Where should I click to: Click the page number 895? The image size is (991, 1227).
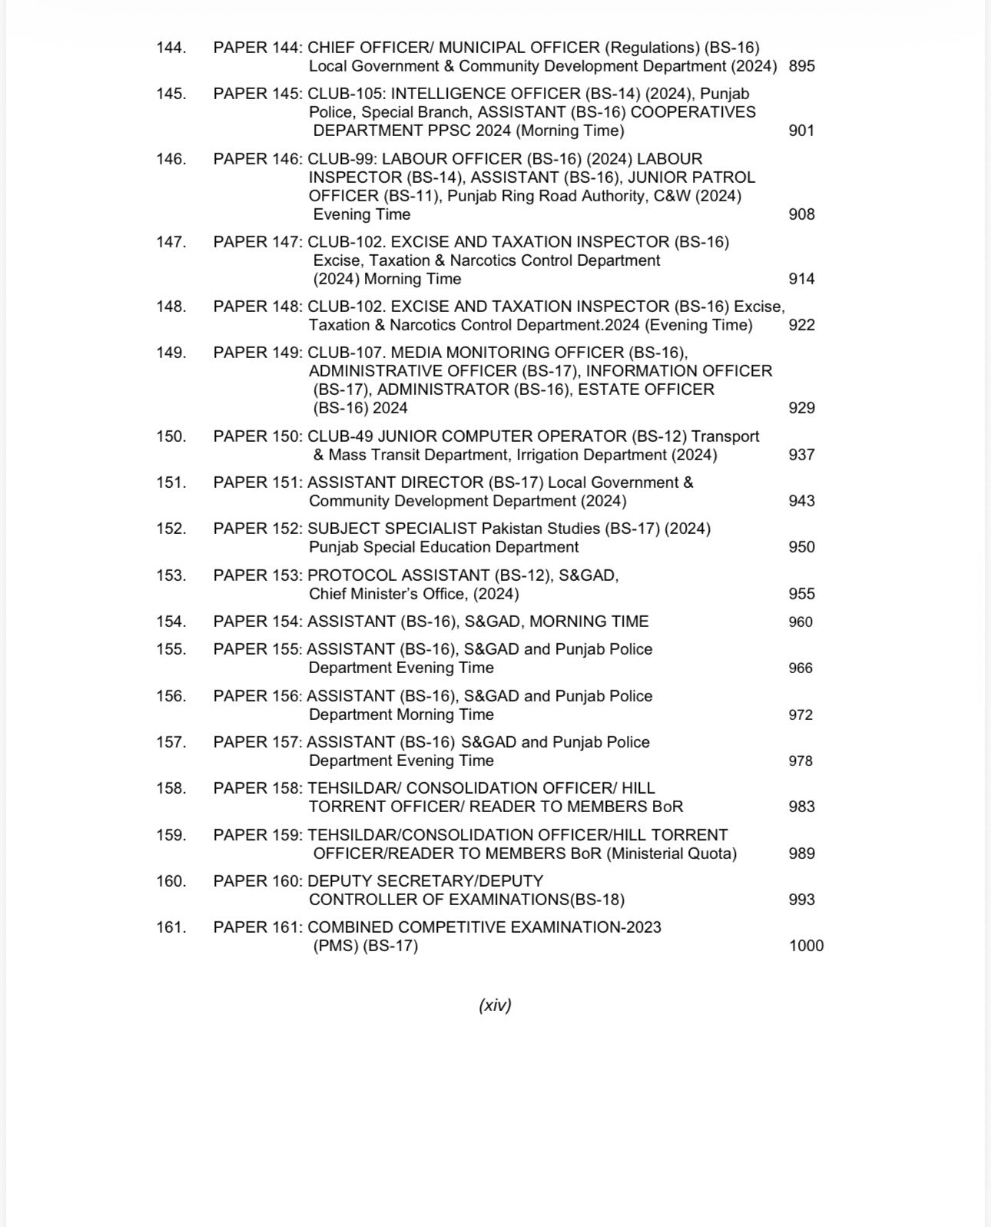pyautogui.click(x=801, y=66)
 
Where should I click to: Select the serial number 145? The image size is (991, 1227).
pyautogui.click(x=171, y=94)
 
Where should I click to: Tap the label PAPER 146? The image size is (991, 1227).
pyautogui.click(x=258, y=159)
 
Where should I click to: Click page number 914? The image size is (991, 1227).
pyautogui.click(x=801, y=279)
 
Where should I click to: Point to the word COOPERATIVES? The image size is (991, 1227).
pyautogui.click(x=693, y=112)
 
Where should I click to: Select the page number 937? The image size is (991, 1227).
pyautogui.click(x=801, y=455)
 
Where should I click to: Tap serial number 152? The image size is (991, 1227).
pyautogui.click(x=171, y=529)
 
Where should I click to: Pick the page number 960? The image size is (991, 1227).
pyautogui.click(x=800, y=622)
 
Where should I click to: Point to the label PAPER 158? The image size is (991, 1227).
pyautogui.click(x=258, y=788)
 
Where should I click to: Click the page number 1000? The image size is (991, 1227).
pyautogui.click(x=806, y=946)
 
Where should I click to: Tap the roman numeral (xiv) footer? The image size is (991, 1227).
pyautogui.click(x=495, y=1005)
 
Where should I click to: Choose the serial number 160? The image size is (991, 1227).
pyautogui.click(x=171, y=881)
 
